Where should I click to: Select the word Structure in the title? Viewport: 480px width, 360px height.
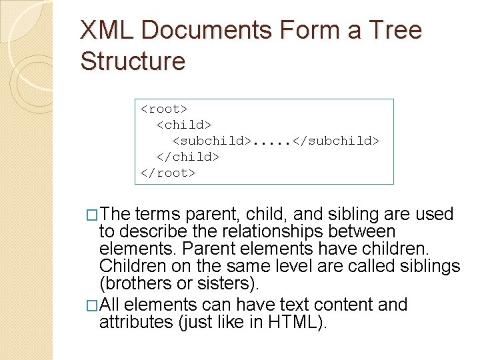133,61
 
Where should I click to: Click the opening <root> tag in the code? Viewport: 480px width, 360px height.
164,109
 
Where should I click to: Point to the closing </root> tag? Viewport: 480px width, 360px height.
168,173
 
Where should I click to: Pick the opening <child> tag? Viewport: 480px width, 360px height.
184,125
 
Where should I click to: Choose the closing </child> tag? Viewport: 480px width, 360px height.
188,157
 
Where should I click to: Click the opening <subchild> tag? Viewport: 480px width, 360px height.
213,141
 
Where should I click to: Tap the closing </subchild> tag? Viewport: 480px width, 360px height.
337,141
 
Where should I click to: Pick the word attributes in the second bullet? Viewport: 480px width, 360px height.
130,323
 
